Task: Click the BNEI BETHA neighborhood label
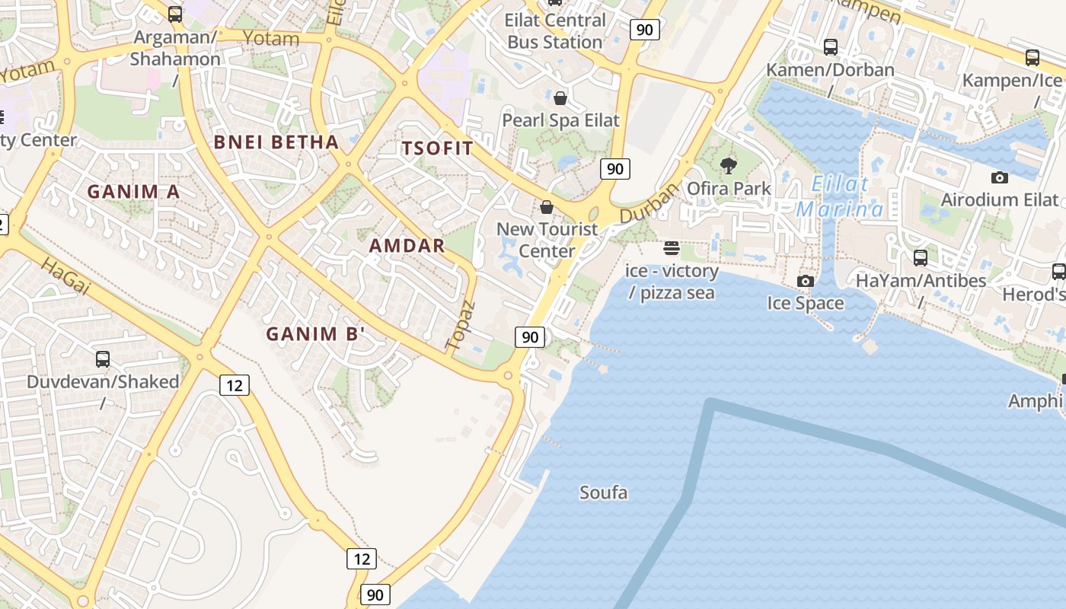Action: coord(276,142)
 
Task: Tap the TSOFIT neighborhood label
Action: coord(438,148)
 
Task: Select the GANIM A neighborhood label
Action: coord(133,192)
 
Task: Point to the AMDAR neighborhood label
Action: coord(407,245)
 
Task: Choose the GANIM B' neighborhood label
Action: coord(316,333)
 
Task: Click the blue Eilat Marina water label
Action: coord(840,196)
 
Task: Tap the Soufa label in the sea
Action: coord(604,493)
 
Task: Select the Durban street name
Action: coord(648,203)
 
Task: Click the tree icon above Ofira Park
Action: coord(729,166)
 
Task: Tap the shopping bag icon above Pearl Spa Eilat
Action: coord(560,98)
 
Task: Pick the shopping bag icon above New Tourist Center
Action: coord(547,207)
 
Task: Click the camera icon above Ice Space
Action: coord(805,281)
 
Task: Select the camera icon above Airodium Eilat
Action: coord(999,177)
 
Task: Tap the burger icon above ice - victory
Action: coord(671,248)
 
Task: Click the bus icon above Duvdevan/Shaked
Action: coord(103,359)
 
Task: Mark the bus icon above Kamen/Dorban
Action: coord(831,47)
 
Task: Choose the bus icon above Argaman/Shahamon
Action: coord(175,14)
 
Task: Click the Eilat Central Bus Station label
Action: coord(555,31)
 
